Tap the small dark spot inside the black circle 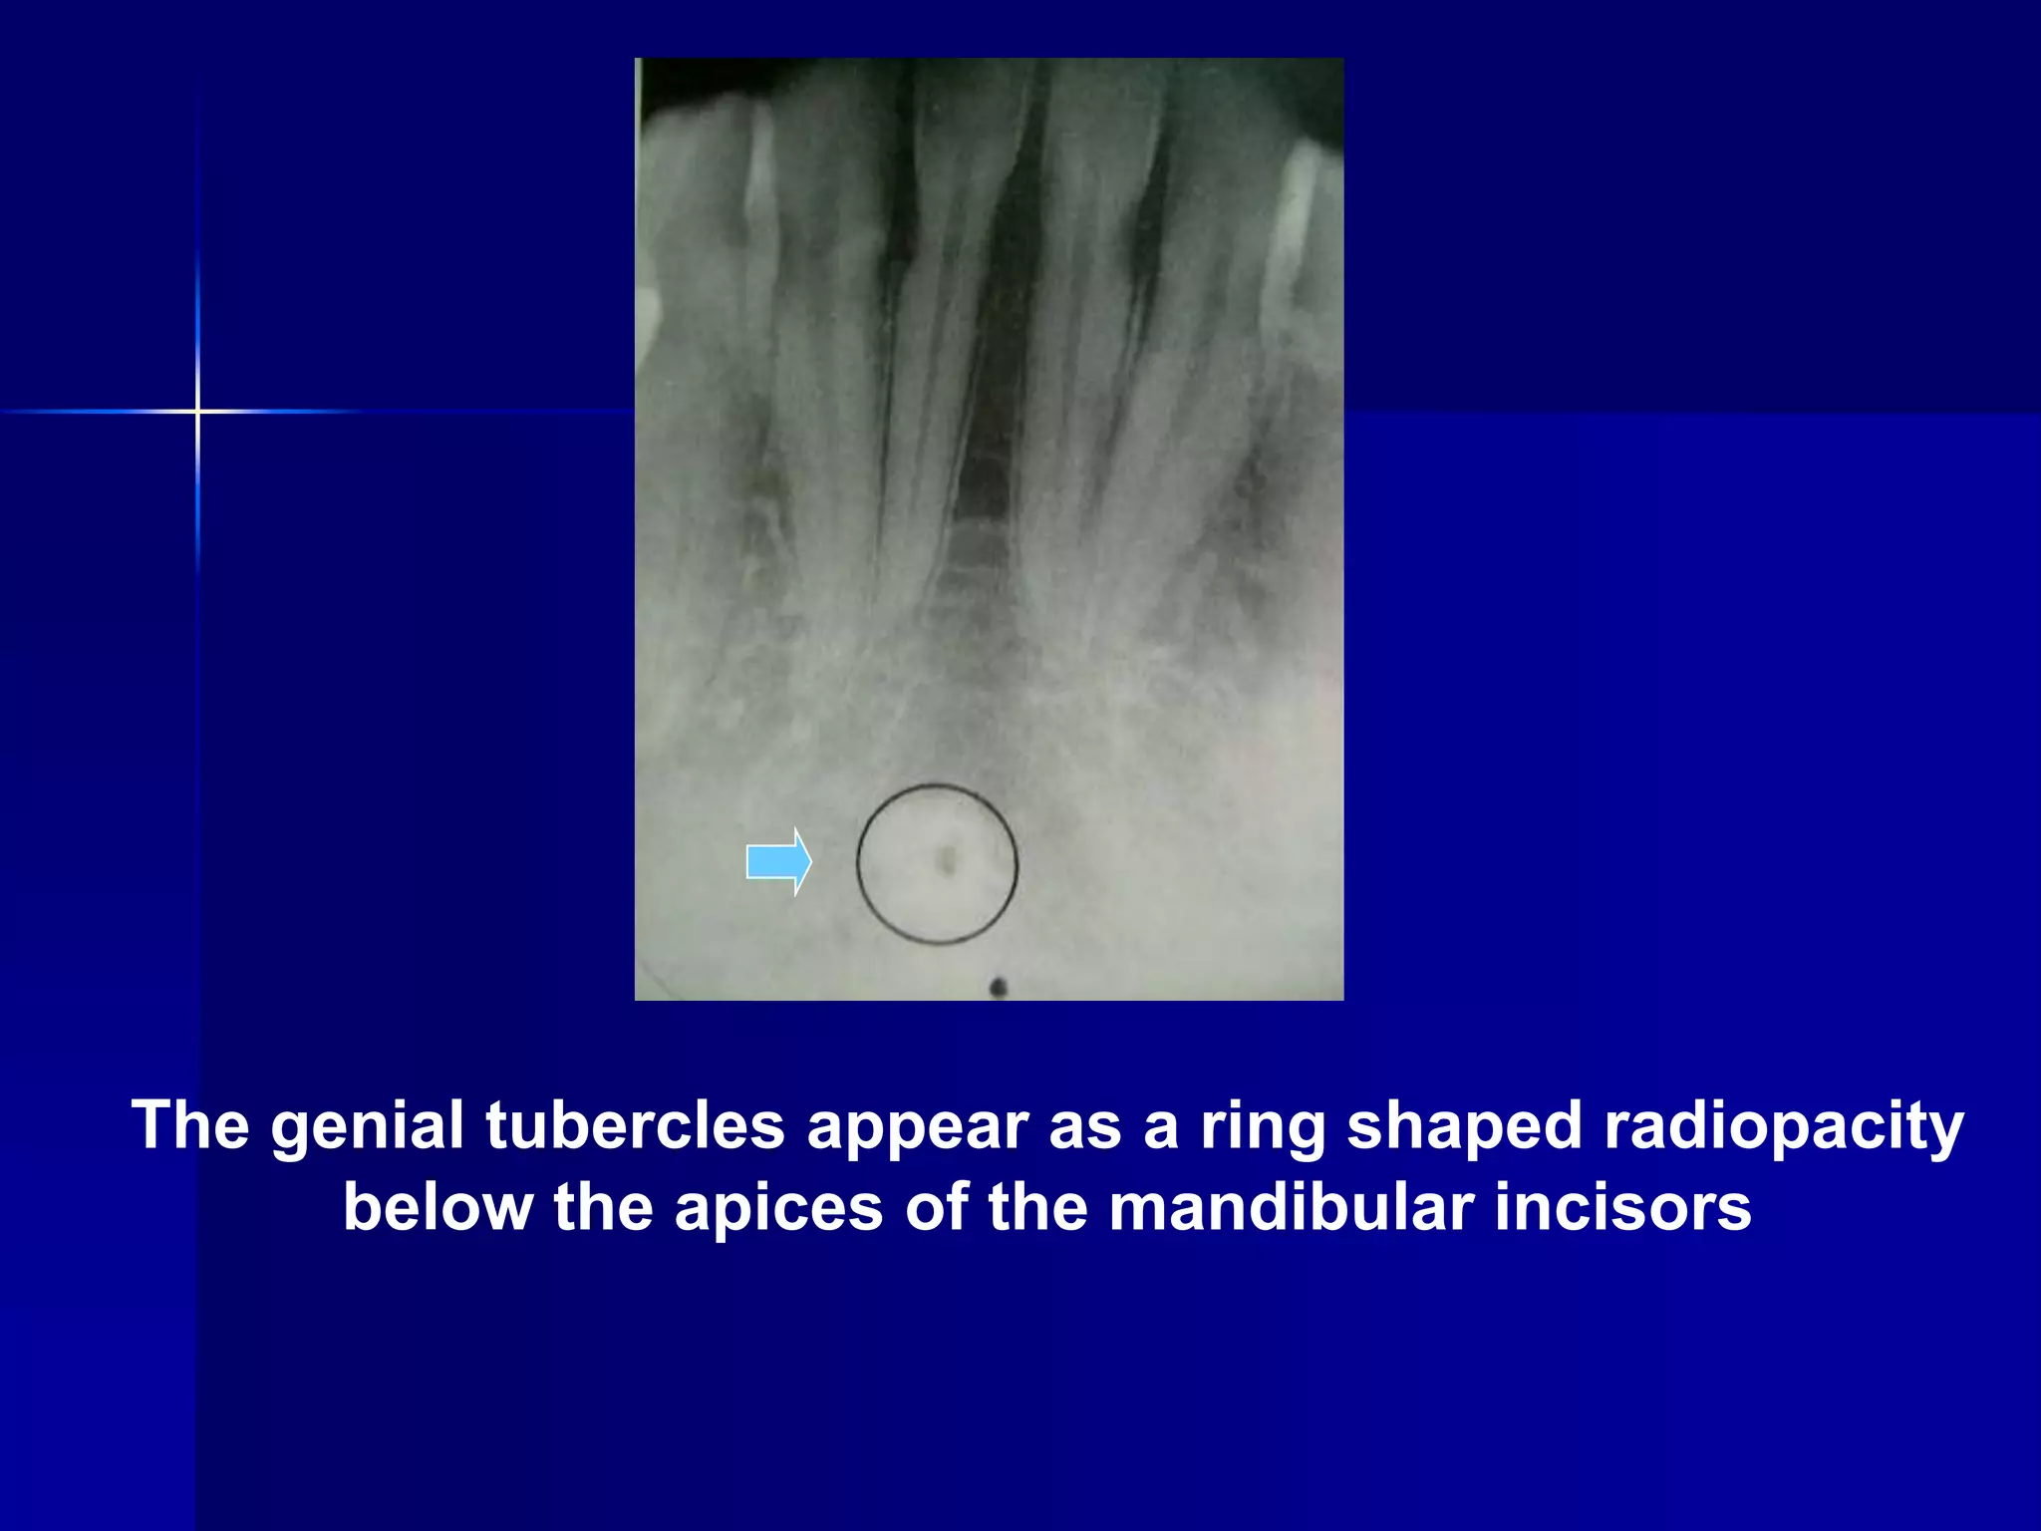[x=948, y=859]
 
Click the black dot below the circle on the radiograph [x=998, y=987]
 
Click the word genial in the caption [x=368, y=1126]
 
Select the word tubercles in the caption [x=635, y=1126]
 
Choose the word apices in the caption [x=778, y=1208]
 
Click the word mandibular [x=1291, y=1208]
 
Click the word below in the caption [x=437, y=1208]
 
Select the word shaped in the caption [x=1464, y=1126]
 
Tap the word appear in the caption [x=916, y=1126]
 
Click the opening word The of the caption [x=190, y=1126]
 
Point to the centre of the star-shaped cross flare [x=197, y=411]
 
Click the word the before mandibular [x=1037, y=1208]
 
